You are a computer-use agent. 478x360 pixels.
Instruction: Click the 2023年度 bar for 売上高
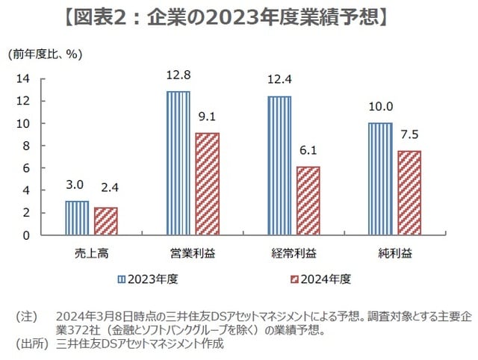(x=77, y=218)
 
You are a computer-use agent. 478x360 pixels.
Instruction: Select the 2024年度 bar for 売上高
(x=105, y=221)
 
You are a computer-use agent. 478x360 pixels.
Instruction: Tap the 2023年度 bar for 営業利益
(x=178, y=163)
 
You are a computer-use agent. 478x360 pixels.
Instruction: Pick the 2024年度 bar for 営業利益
(x=207, y=184)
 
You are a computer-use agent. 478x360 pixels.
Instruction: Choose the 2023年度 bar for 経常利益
(x=279, y=165)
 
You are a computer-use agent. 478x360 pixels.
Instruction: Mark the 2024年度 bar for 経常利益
(x=308, y=201)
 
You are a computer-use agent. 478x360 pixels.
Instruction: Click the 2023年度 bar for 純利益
(x=380, y=179)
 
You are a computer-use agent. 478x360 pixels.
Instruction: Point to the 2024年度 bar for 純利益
(x=409, y=193)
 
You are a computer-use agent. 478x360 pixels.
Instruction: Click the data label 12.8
(x=178, y=75)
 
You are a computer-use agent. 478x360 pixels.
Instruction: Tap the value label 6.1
(x=308, y=151)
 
